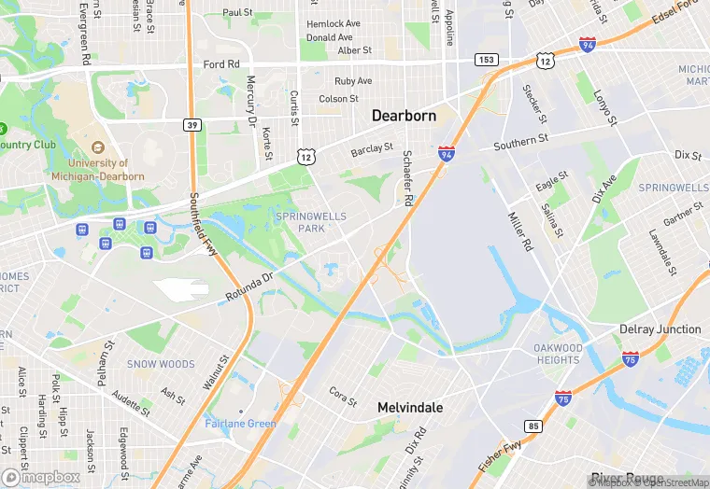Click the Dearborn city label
(x=405, y=117)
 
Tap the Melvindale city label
(x=410, y=408)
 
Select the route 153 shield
(x=485, y=60)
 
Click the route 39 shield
(x=191, y=123)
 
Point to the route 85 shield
(x=533, y=427)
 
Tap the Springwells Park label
(x=311, y=222)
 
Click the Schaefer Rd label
(x=407, y=177)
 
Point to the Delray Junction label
(x=660, y=329)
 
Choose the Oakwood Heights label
(x=558, y=355)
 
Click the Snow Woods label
(x=161, y=364)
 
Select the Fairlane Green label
(x=241, y=424)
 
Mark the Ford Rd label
(x=221, y=64)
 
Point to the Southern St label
(x=520, y=143)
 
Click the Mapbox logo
(x=41, y=477)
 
